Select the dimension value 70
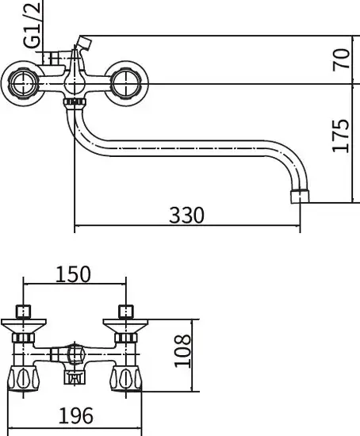(341, 59)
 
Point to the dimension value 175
(341, 136)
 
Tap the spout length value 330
(186, 215)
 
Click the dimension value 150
(74, 274)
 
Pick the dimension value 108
(183, 351)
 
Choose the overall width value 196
(75, 415)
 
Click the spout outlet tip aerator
(300, 196)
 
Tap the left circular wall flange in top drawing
(23, 84)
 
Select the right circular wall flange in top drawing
(126, 84)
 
